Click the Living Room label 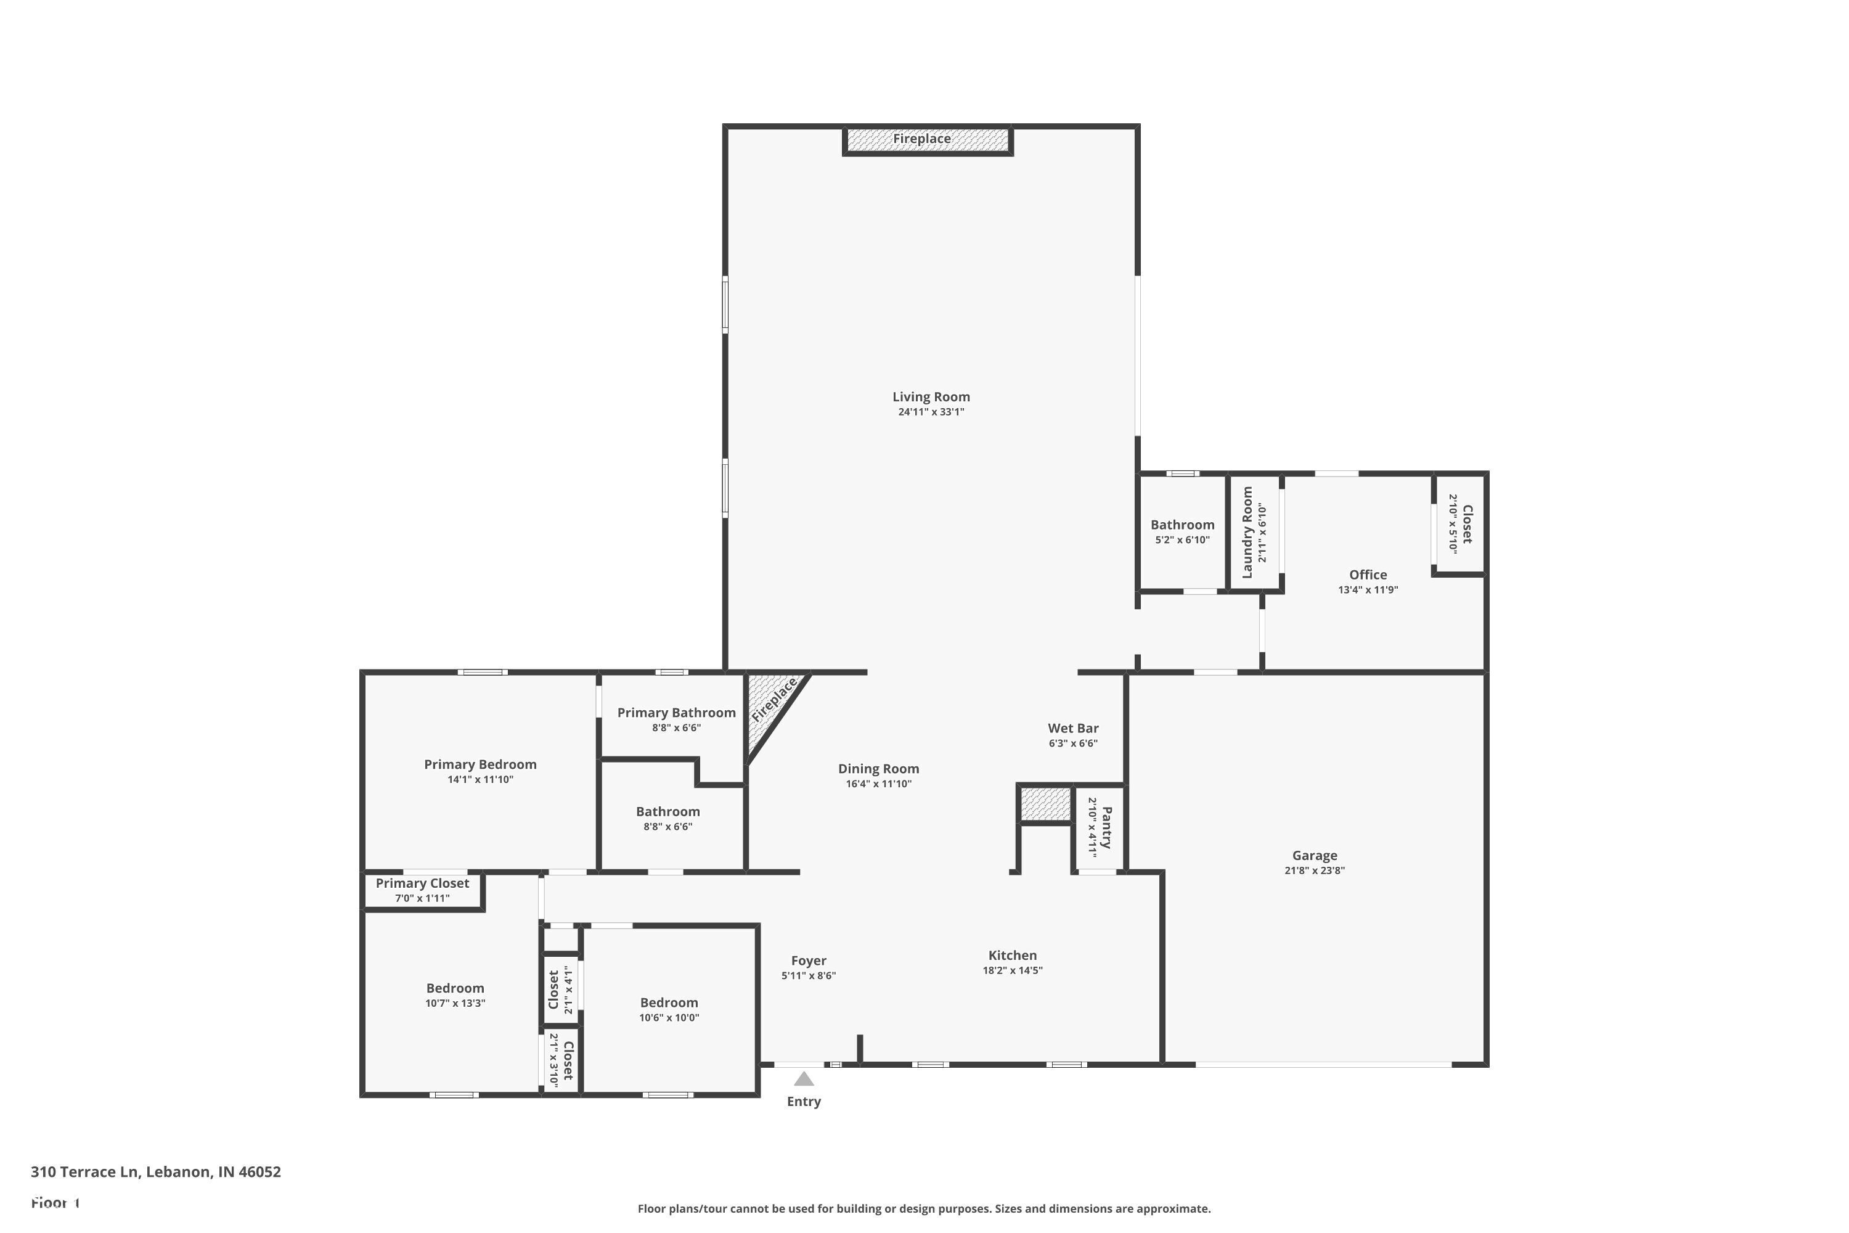pos(931,397)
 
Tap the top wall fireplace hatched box pos(927,140)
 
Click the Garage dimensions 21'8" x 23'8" pos(1315,870)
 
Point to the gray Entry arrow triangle pos(804,1079)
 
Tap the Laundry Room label pos(1247,533)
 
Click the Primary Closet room pos(422,890)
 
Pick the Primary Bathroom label pos(676,713)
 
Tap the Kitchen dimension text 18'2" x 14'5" pos(1013,970)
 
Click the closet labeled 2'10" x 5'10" pos(1460,523)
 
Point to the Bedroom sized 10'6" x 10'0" pos(668,1010)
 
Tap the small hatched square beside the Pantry pos(1045,804)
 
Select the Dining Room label pos(878,768)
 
